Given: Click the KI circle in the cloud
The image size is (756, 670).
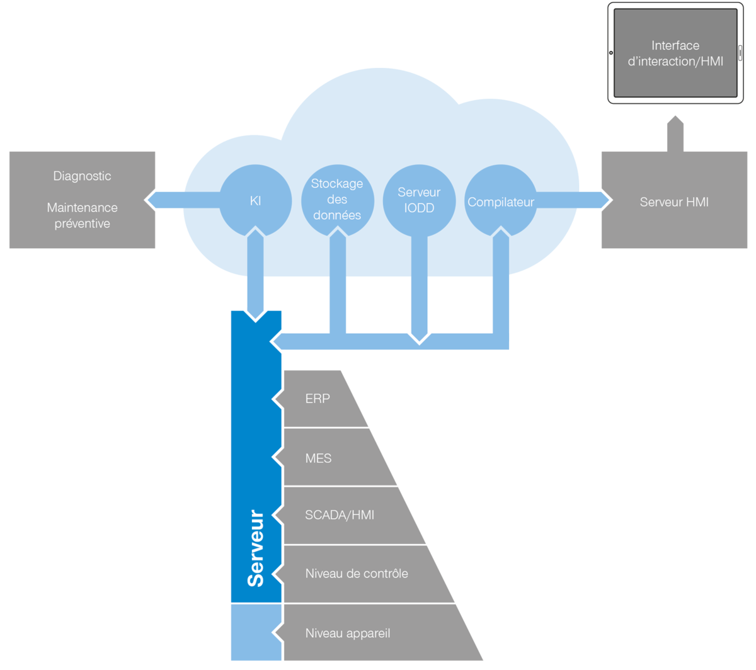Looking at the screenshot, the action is coord(255,201).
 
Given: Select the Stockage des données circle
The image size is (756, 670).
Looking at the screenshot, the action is coord(337,200).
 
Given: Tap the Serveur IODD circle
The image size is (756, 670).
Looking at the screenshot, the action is coord(419,200).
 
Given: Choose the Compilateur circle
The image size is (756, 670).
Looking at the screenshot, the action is coord(501,201).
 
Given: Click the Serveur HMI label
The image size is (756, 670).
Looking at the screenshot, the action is coord(674,202).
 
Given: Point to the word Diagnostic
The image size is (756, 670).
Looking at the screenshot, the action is coord(82,176).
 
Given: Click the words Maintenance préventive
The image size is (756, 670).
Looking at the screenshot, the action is coord(82,215).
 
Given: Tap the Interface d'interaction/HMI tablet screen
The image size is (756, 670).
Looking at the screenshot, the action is coord(675,53).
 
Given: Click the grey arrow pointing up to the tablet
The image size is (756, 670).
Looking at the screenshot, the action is coord(675,133).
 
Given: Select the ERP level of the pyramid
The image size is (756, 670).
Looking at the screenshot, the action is coord(321,399).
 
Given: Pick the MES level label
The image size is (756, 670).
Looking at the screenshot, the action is coord(318,458).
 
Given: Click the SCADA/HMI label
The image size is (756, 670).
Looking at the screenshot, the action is coord(340,515).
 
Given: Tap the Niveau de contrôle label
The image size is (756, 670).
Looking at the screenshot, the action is coord(357,574).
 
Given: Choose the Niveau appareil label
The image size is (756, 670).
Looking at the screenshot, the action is coord(348,633).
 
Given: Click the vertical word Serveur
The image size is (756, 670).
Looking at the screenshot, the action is coord(256,548).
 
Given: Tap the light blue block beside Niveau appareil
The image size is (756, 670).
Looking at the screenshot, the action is coord(256,632).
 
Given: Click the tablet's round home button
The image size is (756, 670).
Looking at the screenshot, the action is coord(611,53).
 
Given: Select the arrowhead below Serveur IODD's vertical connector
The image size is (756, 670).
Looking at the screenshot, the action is coord(419,339).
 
